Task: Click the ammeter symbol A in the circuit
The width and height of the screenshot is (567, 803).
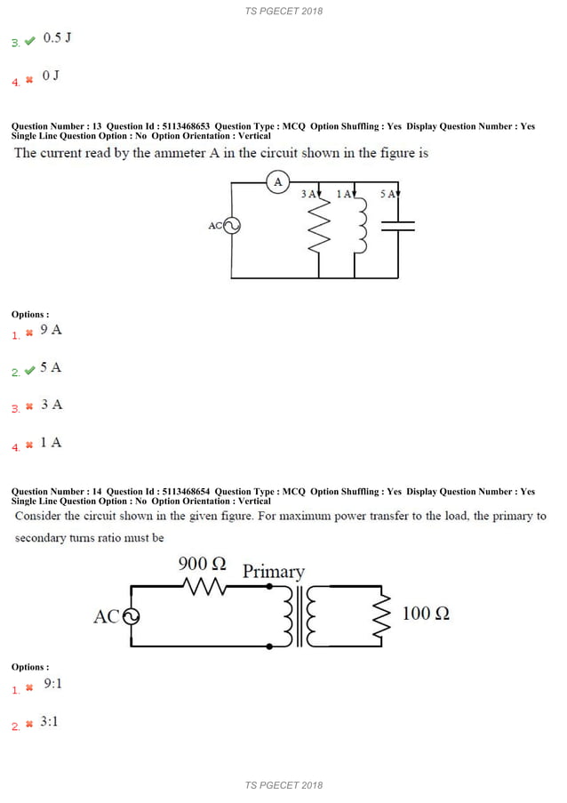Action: (x=278, y=183)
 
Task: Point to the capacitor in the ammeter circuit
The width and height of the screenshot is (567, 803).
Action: (x=398, y=226)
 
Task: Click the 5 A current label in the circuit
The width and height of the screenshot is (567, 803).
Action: (x=388, y=194)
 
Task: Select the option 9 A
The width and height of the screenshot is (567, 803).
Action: (x=52, y=330)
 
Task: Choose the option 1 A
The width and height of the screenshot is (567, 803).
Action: (x=52, y=442)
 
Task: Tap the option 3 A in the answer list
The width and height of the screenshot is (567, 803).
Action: (x=52, y=405)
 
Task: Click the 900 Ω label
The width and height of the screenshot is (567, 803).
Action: (x=203, y=564)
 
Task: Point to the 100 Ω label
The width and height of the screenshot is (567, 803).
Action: (x=426, y=613)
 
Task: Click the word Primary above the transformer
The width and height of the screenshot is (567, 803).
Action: (x=274, y=571)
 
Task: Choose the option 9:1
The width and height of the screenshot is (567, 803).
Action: (x=52, y=684)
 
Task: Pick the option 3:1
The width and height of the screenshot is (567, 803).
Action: (x=50, y=721)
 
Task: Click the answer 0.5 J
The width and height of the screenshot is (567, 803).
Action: (x=57, y=38)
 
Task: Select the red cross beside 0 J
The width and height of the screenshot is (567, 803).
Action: (x=29, y=79)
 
